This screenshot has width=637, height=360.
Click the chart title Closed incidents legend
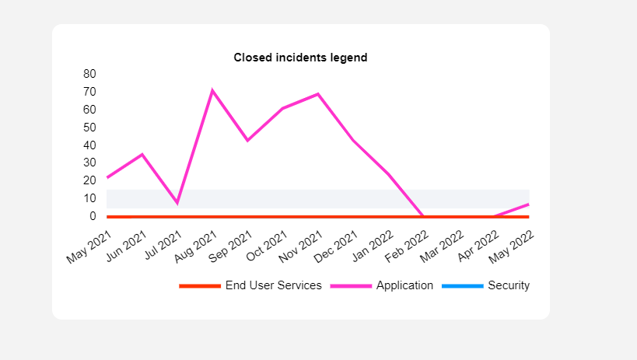click(x=300, y=58)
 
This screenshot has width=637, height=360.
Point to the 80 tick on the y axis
click(x=89, y=74)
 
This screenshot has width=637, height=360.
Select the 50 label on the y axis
click(x=89, y=128)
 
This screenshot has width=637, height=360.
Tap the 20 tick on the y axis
click(x=89, y=180)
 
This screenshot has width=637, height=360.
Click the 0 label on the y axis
click(x=93, y=216)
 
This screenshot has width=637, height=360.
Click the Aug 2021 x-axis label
click(x=195, y=244)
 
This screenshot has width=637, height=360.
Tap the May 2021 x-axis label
click(x=89, y=244)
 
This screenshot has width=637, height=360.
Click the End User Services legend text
click(x=273, y=285)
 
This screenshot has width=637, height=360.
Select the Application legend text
click(x=404, y=285)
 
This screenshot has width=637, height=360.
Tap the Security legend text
click(x=509, y=285)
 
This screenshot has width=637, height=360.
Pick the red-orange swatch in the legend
click(x=200, y=286)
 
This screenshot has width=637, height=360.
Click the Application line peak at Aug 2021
click(x=212, y=90)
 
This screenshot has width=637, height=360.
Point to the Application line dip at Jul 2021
click(x=177, y=203)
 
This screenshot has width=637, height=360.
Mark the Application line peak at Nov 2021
click(x=318, y=94)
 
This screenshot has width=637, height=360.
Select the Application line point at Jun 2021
click(x=142, y=154)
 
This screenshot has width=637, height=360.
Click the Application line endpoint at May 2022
click(x=529, y=204)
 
